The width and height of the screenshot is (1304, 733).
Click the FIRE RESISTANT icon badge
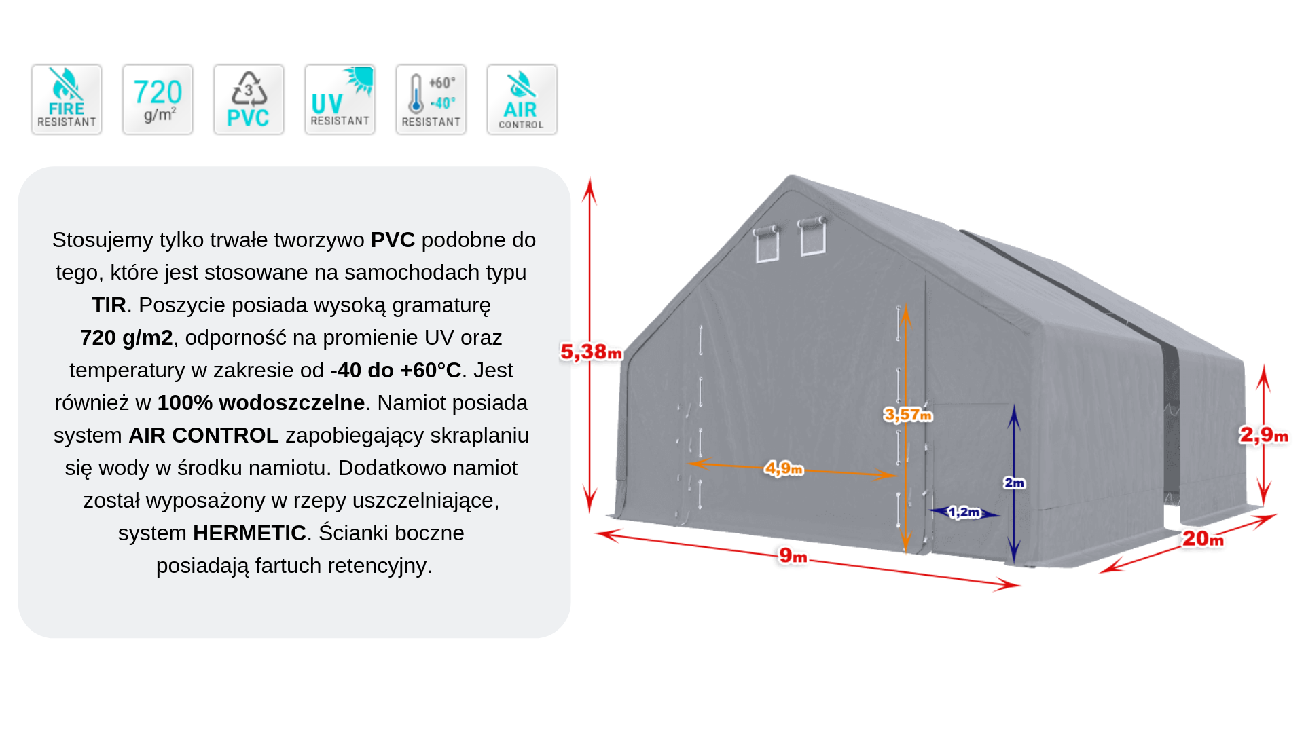67,100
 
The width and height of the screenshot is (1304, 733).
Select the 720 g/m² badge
158,100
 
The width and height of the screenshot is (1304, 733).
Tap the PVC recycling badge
249,100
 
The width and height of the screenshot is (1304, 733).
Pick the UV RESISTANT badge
340,100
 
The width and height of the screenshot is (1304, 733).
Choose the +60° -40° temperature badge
431,100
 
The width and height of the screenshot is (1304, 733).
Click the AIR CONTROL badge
522,100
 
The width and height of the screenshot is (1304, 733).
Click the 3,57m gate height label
908,414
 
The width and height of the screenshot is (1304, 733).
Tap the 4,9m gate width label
784,468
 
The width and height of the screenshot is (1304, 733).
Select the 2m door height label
1014,483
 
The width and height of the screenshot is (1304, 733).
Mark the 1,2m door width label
964,512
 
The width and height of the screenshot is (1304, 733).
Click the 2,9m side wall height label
1263,434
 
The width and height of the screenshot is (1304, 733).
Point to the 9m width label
793,556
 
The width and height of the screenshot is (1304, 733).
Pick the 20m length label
1203,539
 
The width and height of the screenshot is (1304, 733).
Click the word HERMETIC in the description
249,533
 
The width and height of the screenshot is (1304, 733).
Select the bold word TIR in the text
109,305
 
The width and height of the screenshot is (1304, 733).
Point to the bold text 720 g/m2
126,337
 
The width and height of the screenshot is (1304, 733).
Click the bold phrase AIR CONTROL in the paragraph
203,435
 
